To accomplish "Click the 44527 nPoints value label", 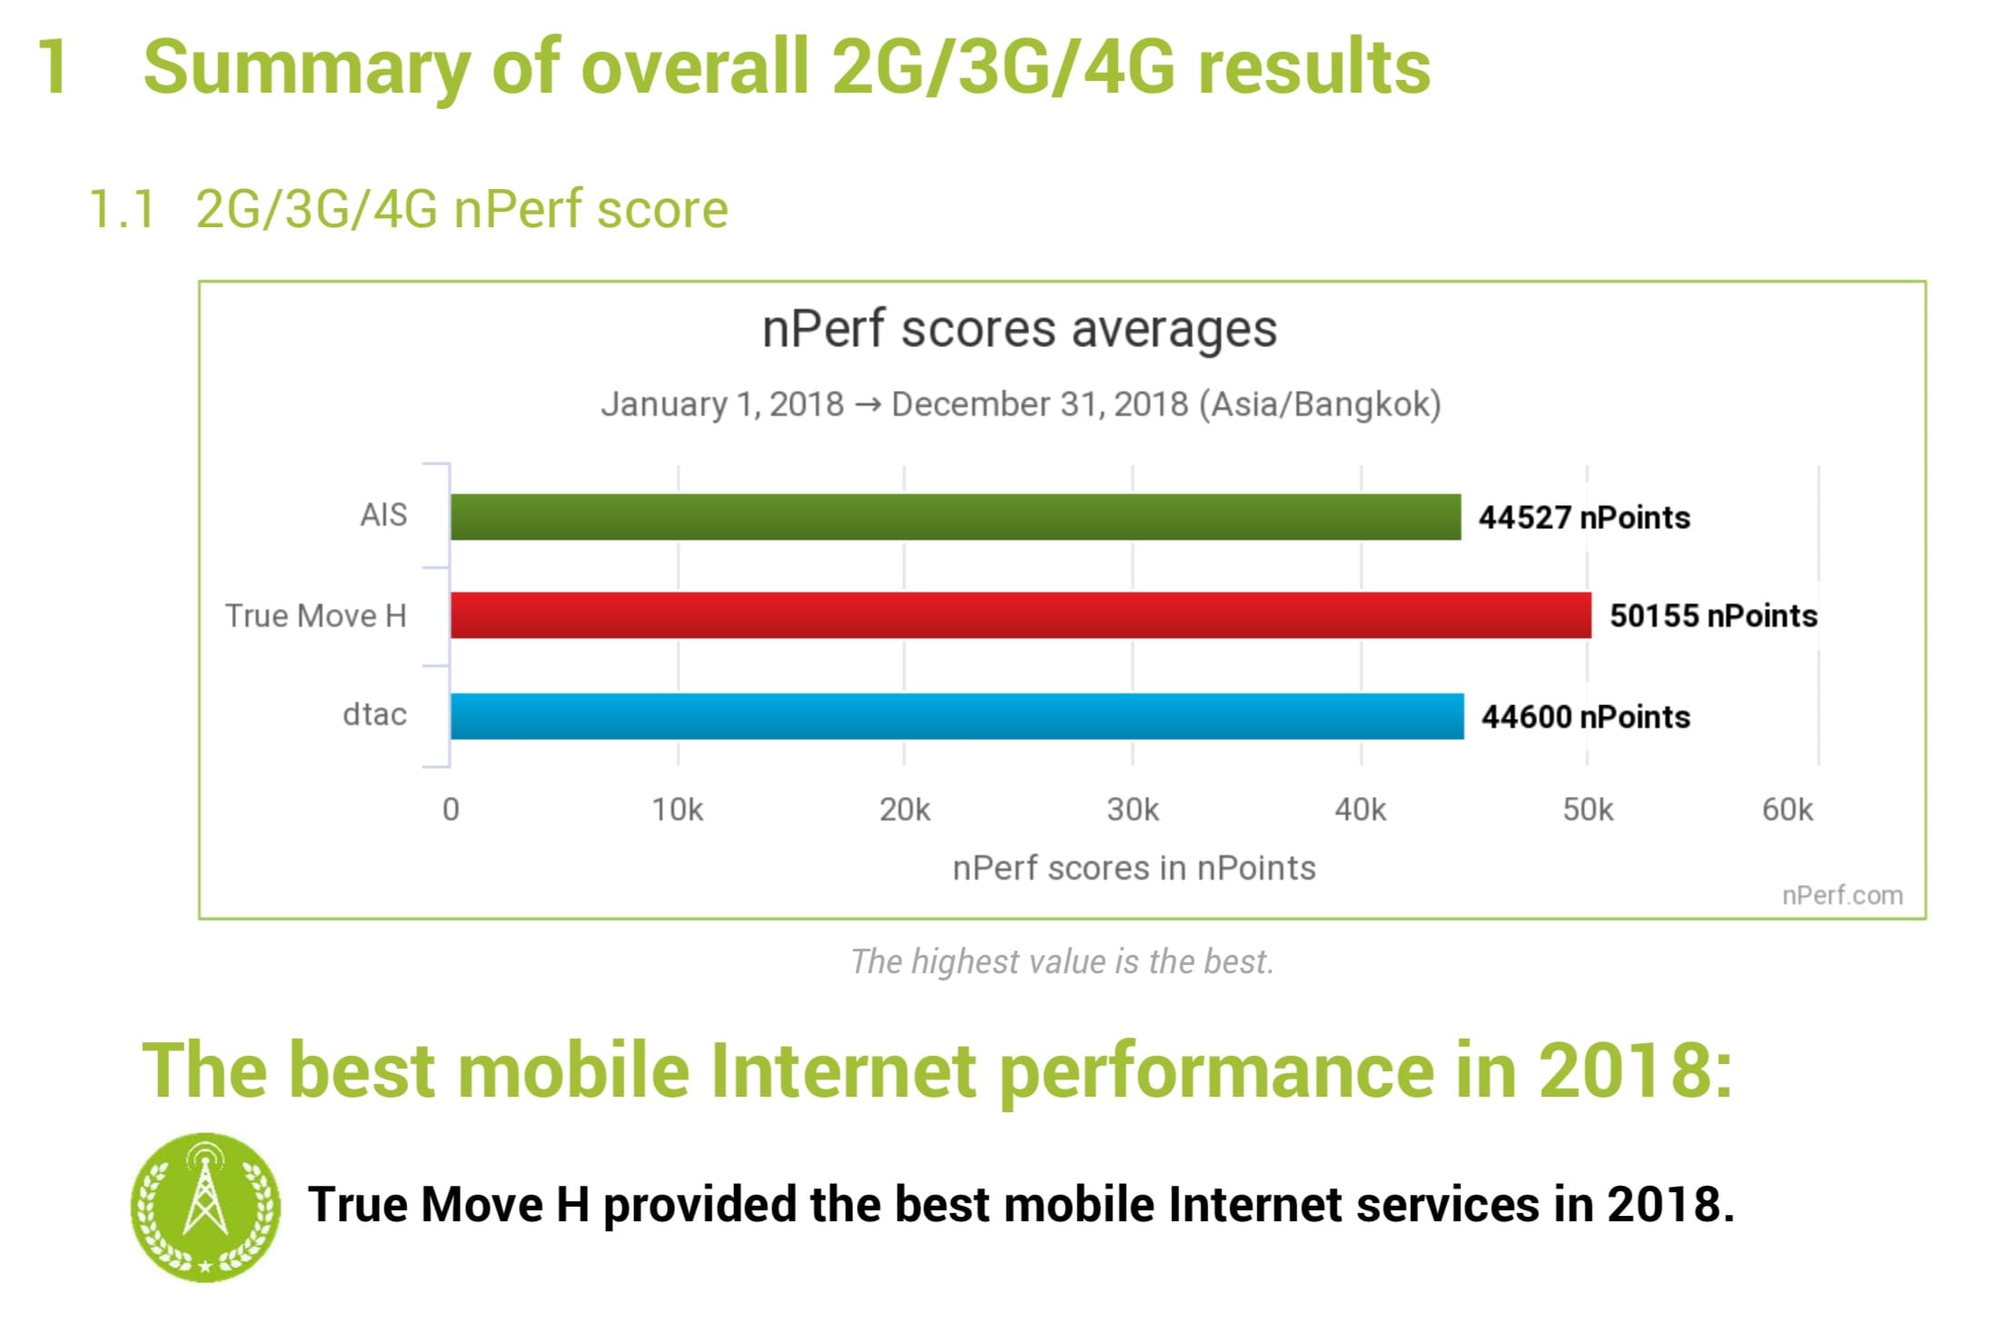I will coord(1584,518).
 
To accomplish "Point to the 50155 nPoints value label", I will coord(1713,616).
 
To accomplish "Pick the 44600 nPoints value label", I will coord(1585,717).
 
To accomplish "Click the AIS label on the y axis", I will coord(383,515).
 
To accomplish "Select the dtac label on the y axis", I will coord(374,715).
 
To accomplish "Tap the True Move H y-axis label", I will coord(315,616).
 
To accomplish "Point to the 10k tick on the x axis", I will coord(678,810).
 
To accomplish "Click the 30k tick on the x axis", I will coord(1133,810).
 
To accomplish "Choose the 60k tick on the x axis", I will coord(1787,810).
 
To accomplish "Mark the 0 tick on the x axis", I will coord(451,810).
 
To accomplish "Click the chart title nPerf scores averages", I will coord(1019,329).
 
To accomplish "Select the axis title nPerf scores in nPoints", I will coord(1134,869).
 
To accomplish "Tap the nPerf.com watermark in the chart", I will coord(1841,896).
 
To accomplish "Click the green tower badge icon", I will coord(205,1207).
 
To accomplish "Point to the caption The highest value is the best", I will coord(1062,961).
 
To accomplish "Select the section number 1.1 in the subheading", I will coord(123,210).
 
